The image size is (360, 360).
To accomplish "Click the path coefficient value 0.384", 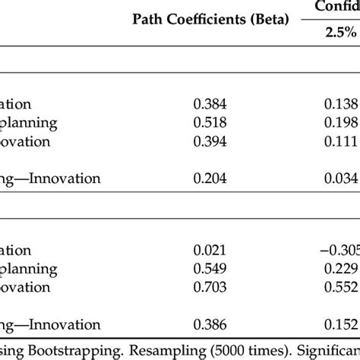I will point(210,105).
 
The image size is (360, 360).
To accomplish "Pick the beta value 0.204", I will point(210,178).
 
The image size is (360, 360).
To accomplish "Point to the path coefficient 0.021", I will point(210,251).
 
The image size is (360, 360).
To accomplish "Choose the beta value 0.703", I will point(210,288).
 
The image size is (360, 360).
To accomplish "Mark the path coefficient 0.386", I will point(210,324).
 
